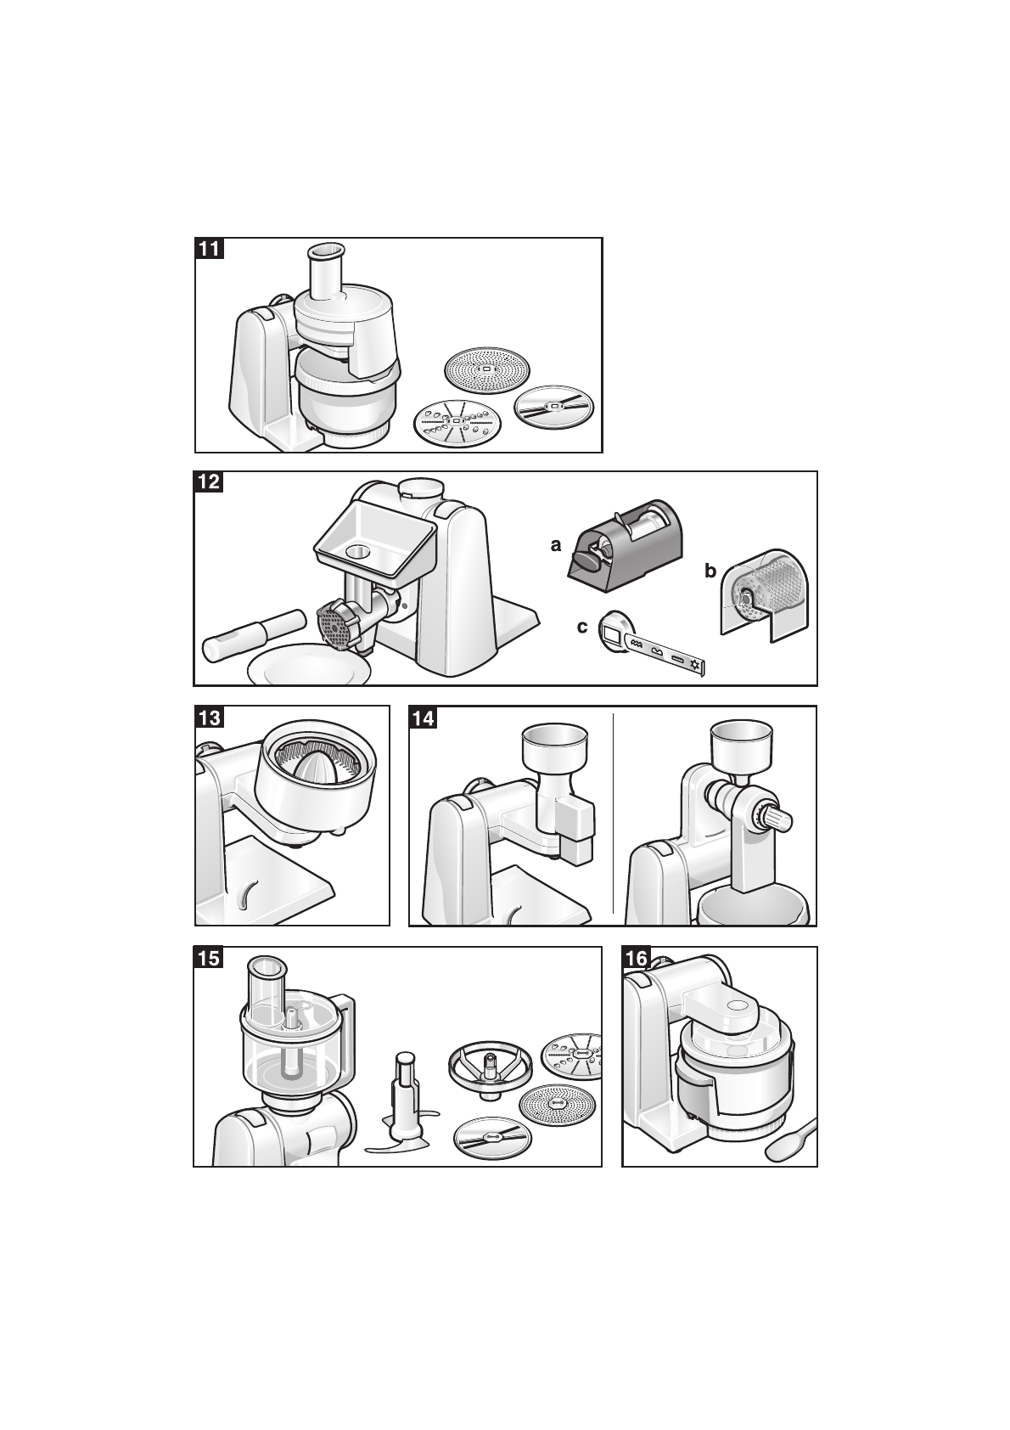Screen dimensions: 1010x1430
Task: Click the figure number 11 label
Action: pyautogui.click(x=209, y=248)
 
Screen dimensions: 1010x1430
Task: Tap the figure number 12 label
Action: pyautogui.click(x=208, y=481)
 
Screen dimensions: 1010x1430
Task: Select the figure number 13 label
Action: pyautogui.click(x=210, y=717)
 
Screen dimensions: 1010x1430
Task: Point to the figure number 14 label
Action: pyautogui.click(x=423, y=718)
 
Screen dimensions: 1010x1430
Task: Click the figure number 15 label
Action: pyautogui.click(x=209, y=958)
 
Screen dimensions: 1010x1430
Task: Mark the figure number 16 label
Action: pyautogui.click(x=636, y=958)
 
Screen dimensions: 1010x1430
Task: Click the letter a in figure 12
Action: pyautogui.click(x=557, y=545)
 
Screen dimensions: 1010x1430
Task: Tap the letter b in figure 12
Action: pyautogui.click(x=710, y=570)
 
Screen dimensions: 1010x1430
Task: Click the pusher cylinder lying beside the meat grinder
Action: pyautogui.click(x=254, y=635)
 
